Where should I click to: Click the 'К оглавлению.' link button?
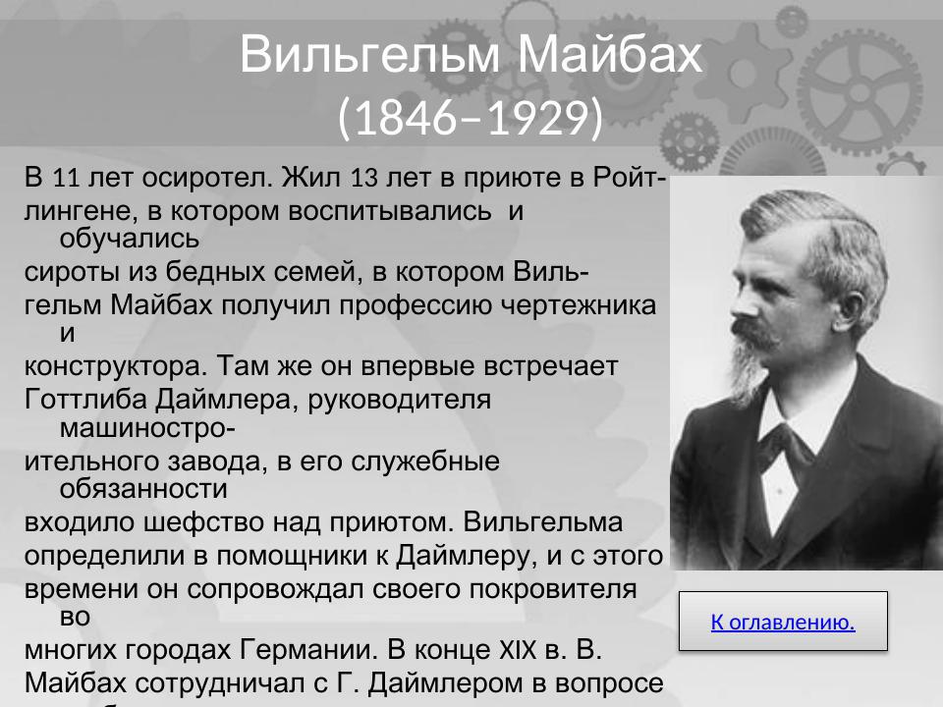click(x=783, y=622)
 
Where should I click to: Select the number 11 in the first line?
click(x=65, y=179)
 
